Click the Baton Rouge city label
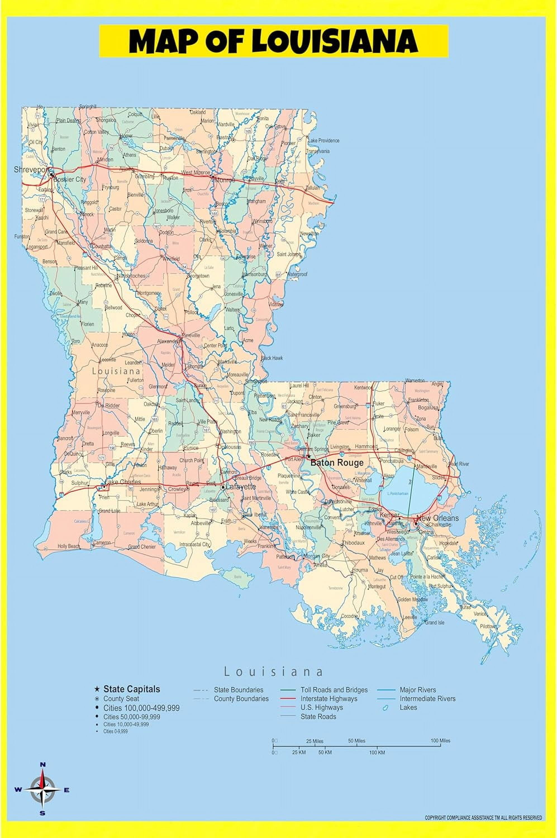(337, 463)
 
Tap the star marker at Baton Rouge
(309, 456)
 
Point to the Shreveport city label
(30, 170)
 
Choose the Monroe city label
(225, 180)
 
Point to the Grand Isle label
(434, 623)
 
